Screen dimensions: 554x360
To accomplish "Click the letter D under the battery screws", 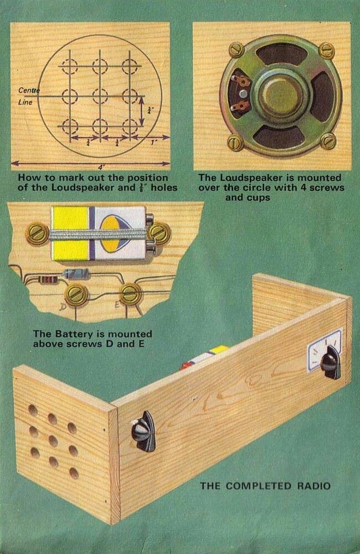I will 63,306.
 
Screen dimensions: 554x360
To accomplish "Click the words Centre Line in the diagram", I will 27,96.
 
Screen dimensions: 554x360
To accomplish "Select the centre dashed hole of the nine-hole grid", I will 100,96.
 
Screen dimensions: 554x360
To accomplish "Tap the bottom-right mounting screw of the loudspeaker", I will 328,141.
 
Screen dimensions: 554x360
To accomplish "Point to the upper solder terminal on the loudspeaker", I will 242,82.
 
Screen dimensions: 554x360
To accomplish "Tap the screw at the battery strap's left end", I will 37,234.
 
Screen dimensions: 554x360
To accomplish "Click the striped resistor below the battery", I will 49,280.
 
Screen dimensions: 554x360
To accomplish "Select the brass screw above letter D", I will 75,294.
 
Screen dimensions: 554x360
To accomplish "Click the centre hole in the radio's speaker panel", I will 53,441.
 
